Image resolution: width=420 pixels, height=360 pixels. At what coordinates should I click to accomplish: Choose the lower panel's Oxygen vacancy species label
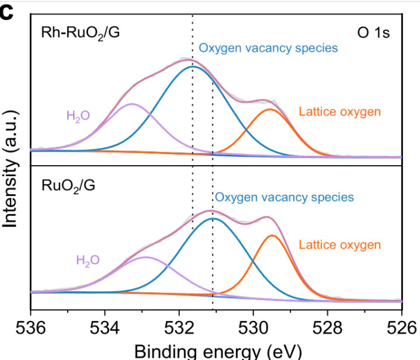(x=284, y=197)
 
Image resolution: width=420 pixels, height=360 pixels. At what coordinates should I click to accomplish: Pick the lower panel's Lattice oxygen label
(x=339, y=244)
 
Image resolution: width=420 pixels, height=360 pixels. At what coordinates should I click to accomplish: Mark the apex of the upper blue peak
(x=193, y=67)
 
